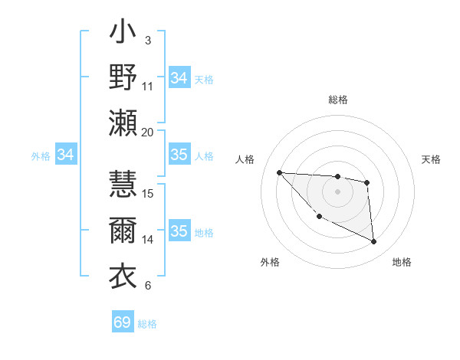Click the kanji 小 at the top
point(123,34)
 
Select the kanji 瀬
point(123,122)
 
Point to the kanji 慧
point(123,184)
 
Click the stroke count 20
point(148,132)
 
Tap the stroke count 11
point(148,86)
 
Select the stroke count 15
point(148,193)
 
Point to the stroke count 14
point(148,239)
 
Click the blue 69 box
point(123,322)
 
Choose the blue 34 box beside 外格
point(66,155)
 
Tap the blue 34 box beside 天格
point(179,78)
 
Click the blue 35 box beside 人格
point(179,155)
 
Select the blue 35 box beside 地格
point(179,231)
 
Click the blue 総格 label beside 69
point(147,324)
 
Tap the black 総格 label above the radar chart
point(338,100)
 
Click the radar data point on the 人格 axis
point(279,172)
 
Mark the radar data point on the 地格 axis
point(374,242)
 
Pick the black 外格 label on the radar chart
point(270,262)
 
